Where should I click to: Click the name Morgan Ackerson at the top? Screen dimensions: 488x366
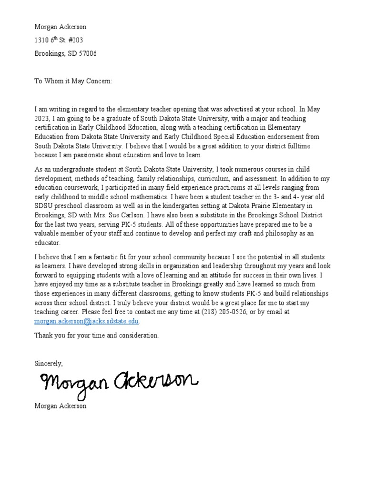(x=60, y=27)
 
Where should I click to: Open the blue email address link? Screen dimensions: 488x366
(x=86, y=321)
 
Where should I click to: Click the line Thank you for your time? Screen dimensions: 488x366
(x=96, y=335)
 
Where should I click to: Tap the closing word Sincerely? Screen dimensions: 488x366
(x=48, y=363)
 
